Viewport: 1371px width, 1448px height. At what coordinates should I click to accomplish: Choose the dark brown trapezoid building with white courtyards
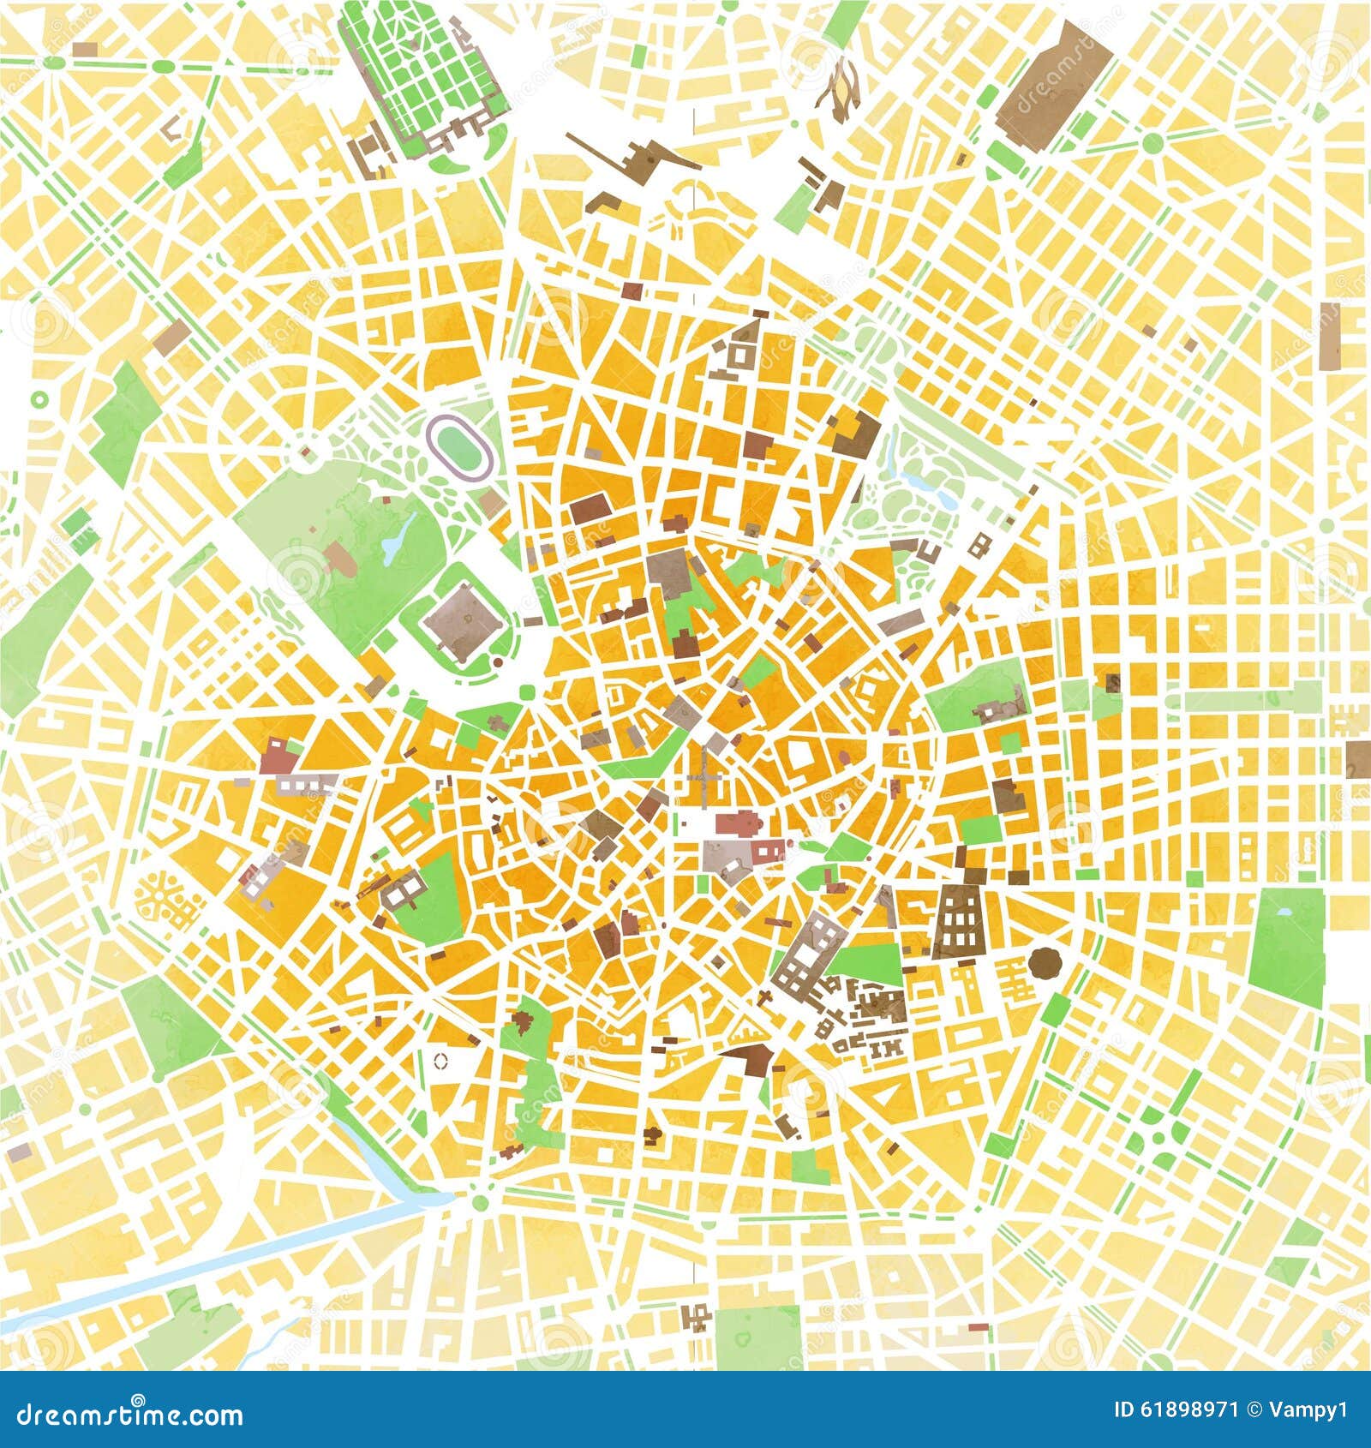(959, 921)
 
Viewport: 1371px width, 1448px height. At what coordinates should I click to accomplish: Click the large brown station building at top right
(1055, 82)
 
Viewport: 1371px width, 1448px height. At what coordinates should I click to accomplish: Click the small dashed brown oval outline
(440, 1061)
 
